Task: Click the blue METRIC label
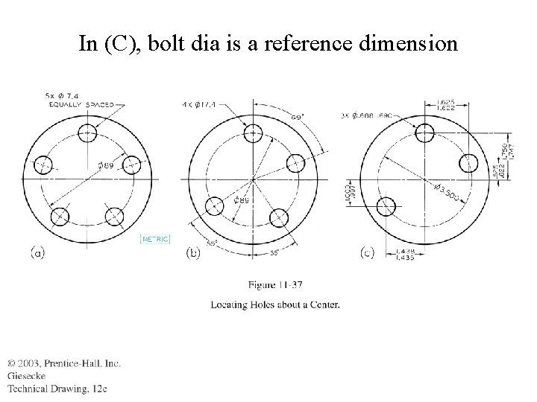156,238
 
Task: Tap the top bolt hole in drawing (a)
87,133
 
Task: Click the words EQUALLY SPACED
78,105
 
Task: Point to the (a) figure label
37,253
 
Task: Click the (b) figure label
192,253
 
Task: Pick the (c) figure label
366,253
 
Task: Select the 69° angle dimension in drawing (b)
297,117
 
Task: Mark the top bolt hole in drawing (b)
253,134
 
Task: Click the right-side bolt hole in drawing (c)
469,162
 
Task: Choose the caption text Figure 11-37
275,284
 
